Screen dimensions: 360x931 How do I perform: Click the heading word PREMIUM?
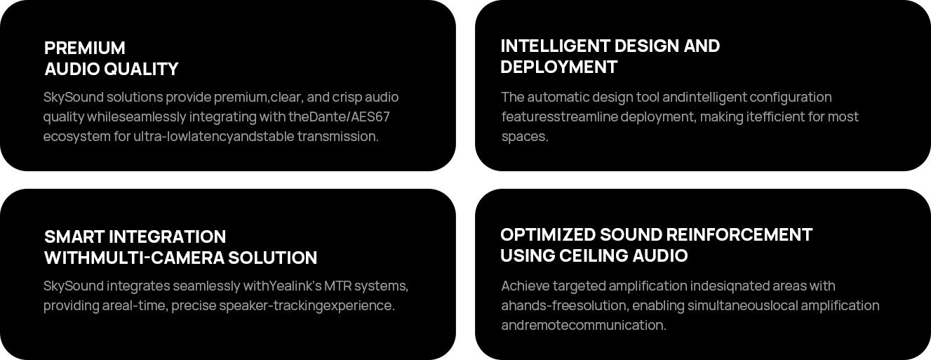coord(85,48)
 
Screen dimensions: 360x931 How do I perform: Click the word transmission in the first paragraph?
coord(337,136)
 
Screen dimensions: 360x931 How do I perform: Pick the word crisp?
coord(347,97)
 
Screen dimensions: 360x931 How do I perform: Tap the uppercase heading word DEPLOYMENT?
coord(558,67)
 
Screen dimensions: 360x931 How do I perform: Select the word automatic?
coord(558,97)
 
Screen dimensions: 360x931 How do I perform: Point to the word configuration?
coord(791,97)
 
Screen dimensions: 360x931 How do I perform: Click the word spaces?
coord(524,136)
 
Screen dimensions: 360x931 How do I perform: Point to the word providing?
coord(71,305)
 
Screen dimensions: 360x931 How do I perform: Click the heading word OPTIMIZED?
coord(547,234)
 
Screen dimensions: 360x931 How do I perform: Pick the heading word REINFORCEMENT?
coord(739,234)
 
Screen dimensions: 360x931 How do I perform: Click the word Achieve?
coord(525,286)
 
